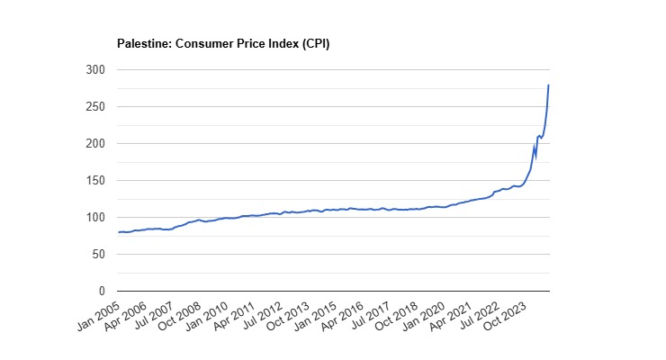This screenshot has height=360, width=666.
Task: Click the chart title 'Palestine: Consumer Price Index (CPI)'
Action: click(223, 43)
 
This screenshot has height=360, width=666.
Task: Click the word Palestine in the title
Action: click(142, 43)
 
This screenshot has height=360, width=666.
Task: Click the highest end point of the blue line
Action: click(549, 85)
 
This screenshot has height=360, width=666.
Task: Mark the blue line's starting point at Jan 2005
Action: click(118, 233)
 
